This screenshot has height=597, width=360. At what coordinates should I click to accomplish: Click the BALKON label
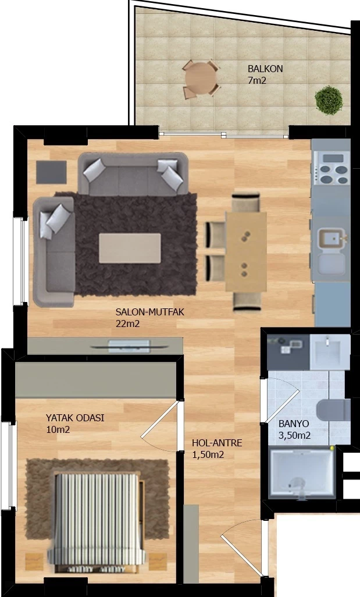click(265, 69)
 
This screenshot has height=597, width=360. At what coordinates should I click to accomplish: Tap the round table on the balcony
click(201, 78)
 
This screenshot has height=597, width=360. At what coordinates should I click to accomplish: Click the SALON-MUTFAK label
click(150, 312)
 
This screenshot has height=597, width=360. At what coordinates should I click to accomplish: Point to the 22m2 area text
click(127, 324)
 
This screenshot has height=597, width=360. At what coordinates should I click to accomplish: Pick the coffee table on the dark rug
click(130, 248)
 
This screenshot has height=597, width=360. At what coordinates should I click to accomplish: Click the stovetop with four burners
click(331, 168)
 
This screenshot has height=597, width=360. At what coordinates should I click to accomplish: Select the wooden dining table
click(246, 252)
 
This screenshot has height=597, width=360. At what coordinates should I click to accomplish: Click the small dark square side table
click(51, 172)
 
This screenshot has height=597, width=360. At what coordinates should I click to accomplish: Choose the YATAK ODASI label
click(75, 418)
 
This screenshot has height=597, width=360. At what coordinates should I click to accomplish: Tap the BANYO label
click(294, 424)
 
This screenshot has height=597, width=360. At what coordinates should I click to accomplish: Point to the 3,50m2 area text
click(294, 436)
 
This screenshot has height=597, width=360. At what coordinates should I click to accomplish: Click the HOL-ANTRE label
click(217, 443)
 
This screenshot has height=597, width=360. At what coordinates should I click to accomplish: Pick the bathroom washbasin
click(330, 352)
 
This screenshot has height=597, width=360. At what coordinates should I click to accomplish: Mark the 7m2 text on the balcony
click(257, 81)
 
